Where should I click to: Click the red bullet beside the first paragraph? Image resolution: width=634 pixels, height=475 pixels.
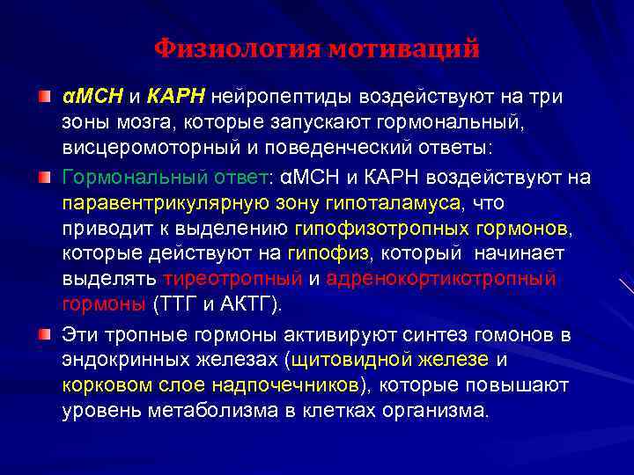coord(43,94)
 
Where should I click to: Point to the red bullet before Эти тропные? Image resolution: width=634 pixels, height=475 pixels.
coord(43,335)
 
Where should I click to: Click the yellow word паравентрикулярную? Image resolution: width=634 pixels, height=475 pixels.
coord(158,203)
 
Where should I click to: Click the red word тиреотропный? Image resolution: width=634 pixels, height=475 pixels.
coord(232,280)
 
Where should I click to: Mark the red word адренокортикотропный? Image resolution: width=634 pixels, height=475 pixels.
coord(441,280)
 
